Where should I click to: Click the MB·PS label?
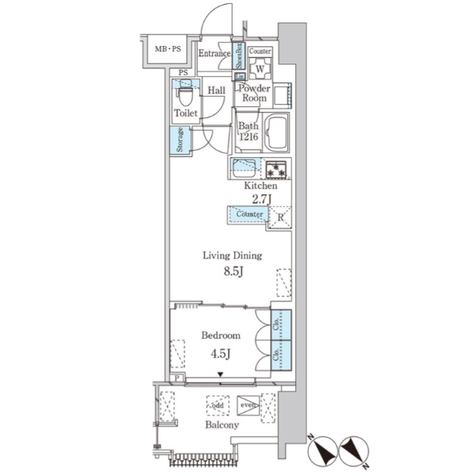pos(168,48)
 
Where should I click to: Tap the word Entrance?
pos(214,53)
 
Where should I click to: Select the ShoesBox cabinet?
pos(239,56)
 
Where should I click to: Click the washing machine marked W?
pos(260,69)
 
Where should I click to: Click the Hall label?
pos(216,90)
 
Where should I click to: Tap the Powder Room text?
pos(254,93)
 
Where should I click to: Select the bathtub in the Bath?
pos(275,132)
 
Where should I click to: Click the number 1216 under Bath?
pos(248,136)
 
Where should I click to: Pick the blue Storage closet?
pos(180,140)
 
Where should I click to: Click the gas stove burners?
pos(276,170)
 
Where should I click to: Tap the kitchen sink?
pos(244,168)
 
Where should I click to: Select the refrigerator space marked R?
pos(280,217)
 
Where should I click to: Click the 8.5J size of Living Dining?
pos(233,271)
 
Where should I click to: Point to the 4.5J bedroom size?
pos(221,354)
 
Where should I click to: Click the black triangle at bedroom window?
pos(221,374)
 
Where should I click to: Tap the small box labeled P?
pos(177,378)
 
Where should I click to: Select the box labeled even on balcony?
pos(248,405)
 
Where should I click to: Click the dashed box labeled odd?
pos(217,405)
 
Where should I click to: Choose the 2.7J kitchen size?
pos(262,199)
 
